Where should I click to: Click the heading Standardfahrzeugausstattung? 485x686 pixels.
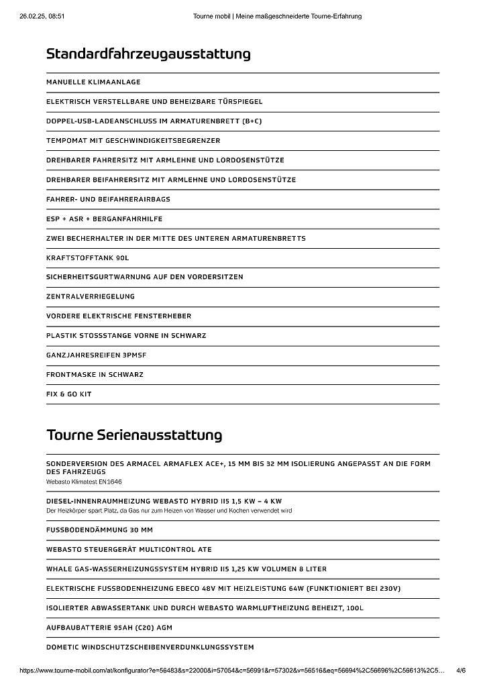[148, 54]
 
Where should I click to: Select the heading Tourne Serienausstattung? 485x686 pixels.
[134, 435]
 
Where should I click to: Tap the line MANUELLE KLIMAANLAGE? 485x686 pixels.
[93, 82]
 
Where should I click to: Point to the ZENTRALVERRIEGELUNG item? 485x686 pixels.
[91, 296]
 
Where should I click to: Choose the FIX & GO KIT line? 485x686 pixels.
[69, 394]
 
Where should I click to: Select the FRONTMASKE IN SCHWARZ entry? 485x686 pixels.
[95, 375]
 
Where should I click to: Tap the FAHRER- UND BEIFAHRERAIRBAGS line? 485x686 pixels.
[108, 199]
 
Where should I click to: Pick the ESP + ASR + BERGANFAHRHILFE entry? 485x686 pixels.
[104, 219]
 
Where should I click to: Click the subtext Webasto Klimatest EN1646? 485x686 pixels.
[84, 481]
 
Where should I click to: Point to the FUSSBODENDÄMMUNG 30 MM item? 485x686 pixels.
[99, 530]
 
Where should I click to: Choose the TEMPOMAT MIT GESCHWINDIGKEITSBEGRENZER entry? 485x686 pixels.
[133, 141]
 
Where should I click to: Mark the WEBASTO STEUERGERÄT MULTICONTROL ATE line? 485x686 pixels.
[129, 549]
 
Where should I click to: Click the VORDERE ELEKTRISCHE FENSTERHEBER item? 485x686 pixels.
[119, 316]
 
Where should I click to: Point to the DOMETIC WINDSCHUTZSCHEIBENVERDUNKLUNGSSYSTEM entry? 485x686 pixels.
[150, 647]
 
